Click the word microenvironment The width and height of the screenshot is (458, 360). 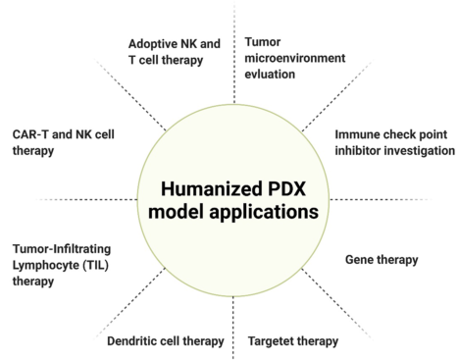pos(295,58)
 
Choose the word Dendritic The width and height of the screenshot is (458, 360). pos(136,341)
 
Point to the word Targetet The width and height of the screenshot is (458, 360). pos(269,341)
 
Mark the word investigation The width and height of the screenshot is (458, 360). pos(422,150)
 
